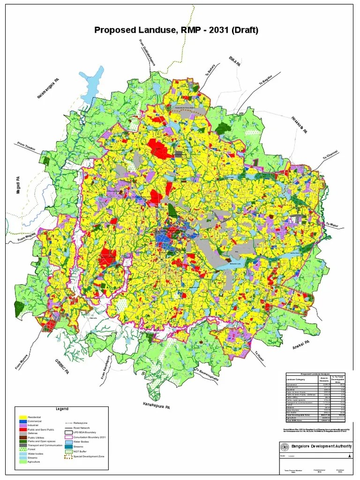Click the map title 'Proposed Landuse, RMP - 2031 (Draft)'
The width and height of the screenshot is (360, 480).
(x=176, y=30)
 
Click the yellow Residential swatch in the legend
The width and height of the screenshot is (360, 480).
(x=22, y=417)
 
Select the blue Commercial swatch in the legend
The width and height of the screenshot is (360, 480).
(x=22, y=421)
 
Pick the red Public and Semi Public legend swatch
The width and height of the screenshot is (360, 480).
(x=22, y=429)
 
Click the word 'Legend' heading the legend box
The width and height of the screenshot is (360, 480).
(x=62, y=409)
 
